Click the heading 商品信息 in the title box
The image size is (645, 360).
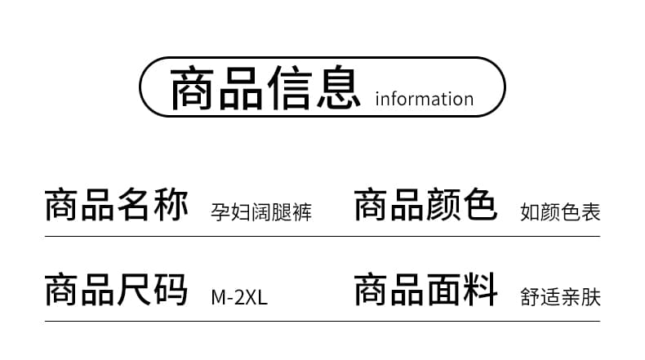coord(265,87)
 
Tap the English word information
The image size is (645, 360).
coord(425,99)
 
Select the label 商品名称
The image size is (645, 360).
coord(117,205)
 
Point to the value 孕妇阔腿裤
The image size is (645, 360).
coord(261,212)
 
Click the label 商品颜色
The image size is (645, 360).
coord(425,205)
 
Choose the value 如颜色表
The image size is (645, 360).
coord(560,212)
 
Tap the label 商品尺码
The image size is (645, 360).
coord(117,290)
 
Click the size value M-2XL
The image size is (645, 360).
coord(239,297)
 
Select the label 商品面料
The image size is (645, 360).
coord(425,290)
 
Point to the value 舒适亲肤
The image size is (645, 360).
coord(560,297)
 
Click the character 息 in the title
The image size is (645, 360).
coord(339,87)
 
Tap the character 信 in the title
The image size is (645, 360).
coord(290,87)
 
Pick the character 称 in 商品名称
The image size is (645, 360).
coord(171,205)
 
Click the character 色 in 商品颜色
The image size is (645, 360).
coord(480,205)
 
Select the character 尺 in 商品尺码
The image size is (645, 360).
coord(135,290)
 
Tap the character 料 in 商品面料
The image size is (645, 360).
coord(480,290)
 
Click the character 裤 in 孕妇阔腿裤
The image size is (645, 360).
coord(302,212)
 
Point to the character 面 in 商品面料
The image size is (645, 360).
coord(444,290)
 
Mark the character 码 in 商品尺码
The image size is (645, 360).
coord(171,290)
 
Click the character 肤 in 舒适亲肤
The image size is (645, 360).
coord(591,297)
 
